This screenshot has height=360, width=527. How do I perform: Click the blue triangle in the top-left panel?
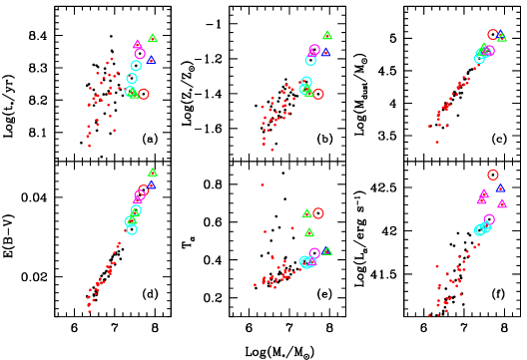pyautogui.click(x=152, y=60)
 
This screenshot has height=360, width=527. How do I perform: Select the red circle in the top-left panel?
pyautogui.click(x=143, y=94)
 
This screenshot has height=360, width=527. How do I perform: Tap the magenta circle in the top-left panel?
pyautogui.click(x=140, y=54)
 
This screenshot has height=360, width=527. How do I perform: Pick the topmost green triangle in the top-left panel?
pyautogui.click(x=153, y=39)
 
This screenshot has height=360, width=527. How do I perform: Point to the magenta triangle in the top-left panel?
pyautogui.click(x=138, y=44)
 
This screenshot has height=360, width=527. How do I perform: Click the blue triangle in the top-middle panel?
pyautogui.click(x=325, y=52)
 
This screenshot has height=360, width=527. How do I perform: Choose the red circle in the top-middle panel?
pyautogui.click(x=318, y=94)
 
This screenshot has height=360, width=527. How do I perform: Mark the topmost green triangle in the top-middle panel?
pyautogui.click(x=327, y=35)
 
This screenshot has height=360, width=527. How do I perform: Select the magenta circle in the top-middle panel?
pyautogui.click(x=314, y=49)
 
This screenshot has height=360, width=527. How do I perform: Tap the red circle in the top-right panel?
pyautogui.click(x=493, y=35)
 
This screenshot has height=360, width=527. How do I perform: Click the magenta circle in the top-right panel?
pyautogui.click(x=489, y=50)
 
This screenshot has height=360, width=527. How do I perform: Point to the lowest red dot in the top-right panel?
pyautogui.click(x=436, y=142)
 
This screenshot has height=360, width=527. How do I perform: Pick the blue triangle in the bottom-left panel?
pyautogui.click(x=152, y=184)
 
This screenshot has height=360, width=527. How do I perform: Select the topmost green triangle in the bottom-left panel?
pyautogui.click(x=153, y=173)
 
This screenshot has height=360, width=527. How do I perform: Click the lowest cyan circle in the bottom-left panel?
pyautogui.click(x=132, y=229)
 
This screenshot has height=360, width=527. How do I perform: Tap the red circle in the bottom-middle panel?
pyautogui.click(x=318, y=212)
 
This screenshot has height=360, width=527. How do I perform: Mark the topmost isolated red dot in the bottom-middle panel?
pyautogui.click(x=263, y=184)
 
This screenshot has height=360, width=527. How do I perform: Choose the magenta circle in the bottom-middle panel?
pyautogui.click(x=314, y=253)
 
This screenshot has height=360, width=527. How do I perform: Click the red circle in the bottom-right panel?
pyautogui.click(x=493, y=175)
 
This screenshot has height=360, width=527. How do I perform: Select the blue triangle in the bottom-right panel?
pyautogui.click(x=500, y=187)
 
